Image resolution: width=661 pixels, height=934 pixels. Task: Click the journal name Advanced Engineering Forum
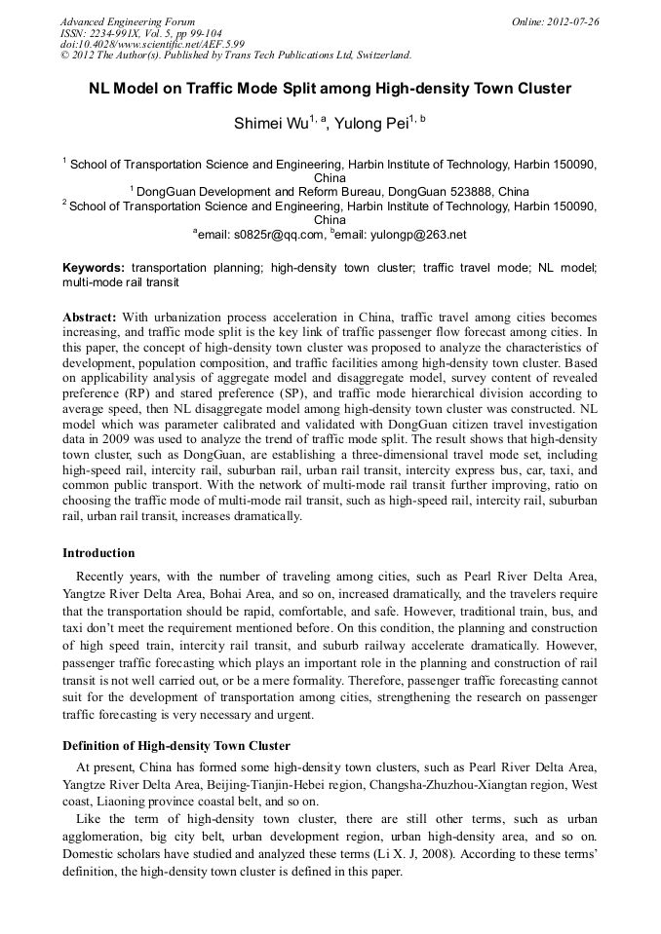click(127, 21)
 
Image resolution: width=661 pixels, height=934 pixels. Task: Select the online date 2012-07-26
click(571, 21)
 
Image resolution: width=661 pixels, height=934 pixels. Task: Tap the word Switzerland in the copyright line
click(376, 55)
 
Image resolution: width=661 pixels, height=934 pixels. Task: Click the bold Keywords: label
click(94, 267)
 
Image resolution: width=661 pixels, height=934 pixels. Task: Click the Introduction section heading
click(98, 553)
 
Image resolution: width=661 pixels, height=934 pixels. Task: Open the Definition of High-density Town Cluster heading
click(176, 746)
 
